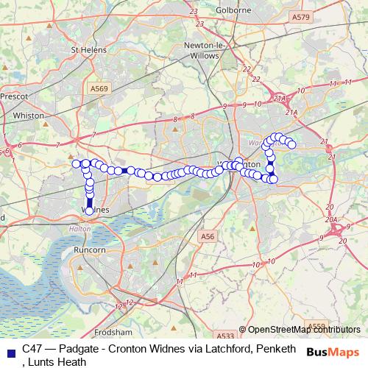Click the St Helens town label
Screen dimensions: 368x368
pyautogui.click(x=88, y=50)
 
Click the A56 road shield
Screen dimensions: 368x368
pyautogui.click(x=208, y=236)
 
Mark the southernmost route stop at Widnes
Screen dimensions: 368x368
pyautogui.click(x=90, y=210)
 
